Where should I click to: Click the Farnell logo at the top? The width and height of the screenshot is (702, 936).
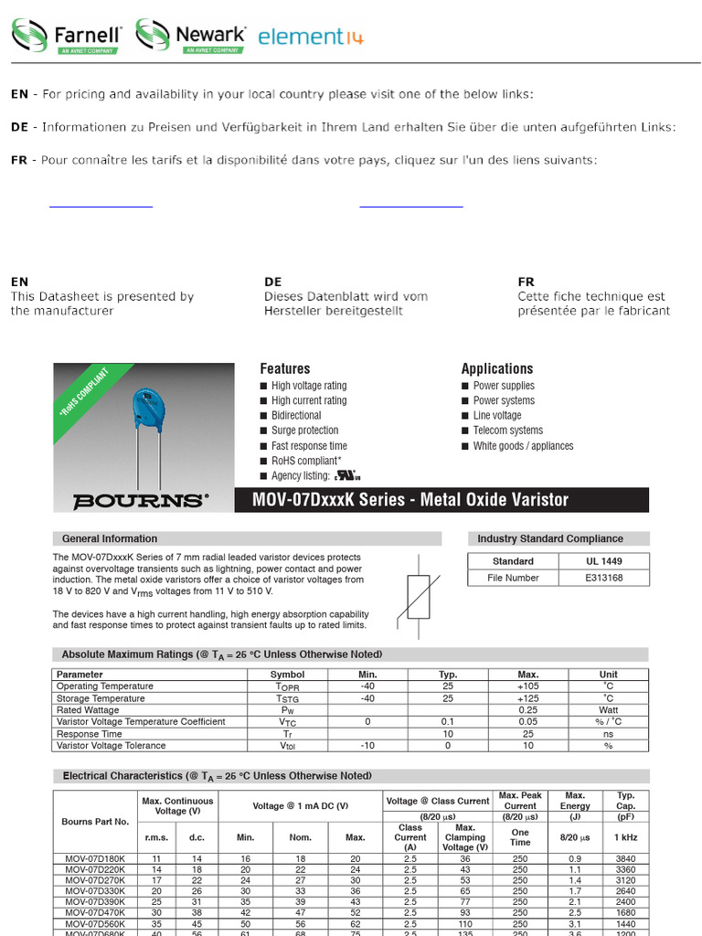66,36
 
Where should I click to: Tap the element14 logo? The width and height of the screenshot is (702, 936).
310,37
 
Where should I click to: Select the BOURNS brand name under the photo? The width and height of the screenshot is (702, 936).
139,501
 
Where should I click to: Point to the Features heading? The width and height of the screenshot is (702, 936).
284,368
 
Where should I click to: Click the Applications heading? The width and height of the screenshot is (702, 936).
496,368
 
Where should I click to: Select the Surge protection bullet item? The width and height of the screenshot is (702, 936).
304,431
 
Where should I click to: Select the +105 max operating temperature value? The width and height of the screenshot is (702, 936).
527,686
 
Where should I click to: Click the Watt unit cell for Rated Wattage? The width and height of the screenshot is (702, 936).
608,710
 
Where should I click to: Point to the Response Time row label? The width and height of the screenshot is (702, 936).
89,734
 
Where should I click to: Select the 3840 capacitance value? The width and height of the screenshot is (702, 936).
625,859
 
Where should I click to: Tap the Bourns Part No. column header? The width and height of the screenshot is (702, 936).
95,822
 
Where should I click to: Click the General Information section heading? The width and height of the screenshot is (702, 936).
110,538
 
